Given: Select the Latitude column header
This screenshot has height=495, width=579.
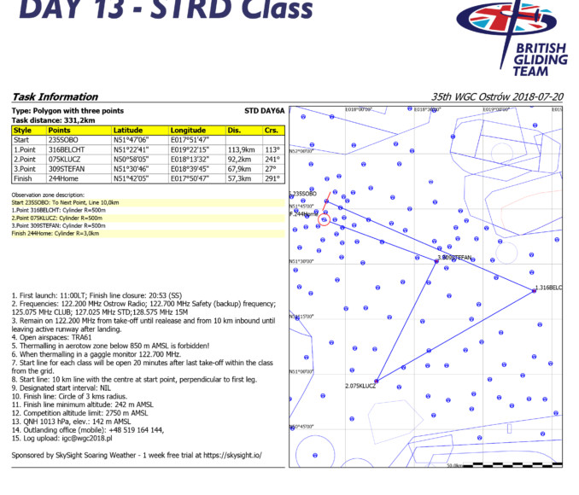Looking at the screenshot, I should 128,130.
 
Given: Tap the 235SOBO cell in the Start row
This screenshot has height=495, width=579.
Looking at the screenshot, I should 63,139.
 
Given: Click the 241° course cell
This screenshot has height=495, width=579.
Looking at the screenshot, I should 272,158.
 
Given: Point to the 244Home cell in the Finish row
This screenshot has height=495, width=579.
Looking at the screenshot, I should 63,178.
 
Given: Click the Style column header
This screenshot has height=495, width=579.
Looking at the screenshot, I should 22,130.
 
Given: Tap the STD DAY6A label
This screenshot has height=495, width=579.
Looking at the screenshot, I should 264,111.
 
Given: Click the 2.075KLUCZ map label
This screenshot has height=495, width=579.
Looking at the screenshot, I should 360,387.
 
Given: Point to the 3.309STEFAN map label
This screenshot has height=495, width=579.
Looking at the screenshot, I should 454,257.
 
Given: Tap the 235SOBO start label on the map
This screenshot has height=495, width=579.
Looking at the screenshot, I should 304,195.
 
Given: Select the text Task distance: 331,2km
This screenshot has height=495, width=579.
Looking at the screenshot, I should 52,120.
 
